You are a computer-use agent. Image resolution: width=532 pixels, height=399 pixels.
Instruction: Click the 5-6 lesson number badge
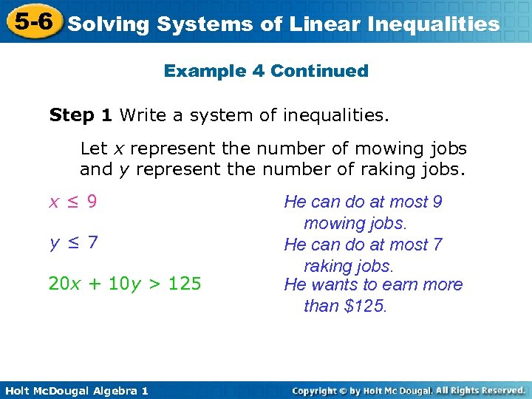31,22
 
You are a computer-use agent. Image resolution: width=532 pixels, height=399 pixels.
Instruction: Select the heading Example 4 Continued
266,71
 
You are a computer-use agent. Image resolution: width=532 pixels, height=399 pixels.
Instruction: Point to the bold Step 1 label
81,115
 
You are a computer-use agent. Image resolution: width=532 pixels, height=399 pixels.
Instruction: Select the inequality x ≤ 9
72,202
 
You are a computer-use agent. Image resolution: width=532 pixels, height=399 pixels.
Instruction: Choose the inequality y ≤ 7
73,242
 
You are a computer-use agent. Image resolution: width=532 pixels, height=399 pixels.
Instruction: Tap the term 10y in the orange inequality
123,284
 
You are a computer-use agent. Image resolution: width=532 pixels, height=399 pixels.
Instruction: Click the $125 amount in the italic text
365,306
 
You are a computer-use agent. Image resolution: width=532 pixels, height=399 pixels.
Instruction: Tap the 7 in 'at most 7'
437,245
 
